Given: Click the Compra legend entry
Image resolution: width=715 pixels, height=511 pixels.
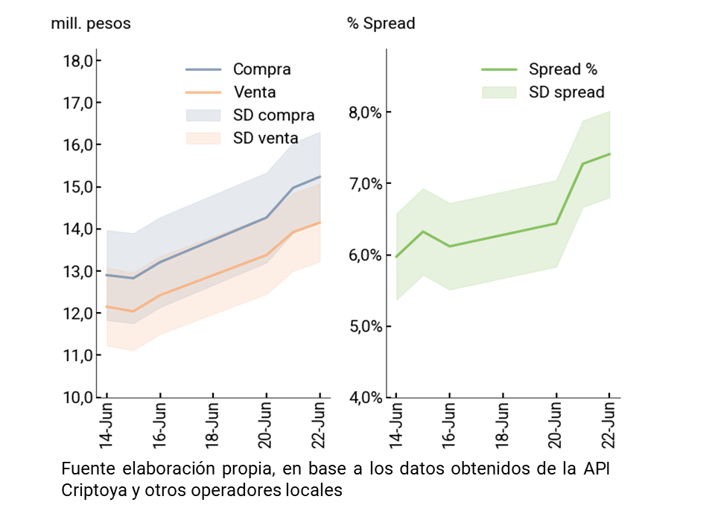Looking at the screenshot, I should (x=261, y=69).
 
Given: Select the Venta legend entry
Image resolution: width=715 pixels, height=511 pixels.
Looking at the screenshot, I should (x=254, y=92).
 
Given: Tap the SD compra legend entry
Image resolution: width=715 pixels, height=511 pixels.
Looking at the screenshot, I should (x=273, y=115).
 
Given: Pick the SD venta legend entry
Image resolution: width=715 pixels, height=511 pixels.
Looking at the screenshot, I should (x=265, y=138).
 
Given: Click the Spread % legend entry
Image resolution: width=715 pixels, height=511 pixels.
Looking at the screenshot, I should (x=562, y=69).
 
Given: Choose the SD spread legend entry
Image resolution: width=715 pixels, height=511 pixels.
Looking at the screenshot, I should (x=566, y=92).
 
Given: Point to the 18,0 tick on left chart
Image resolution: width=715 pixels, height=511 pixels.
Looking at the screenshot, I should (x=78, y=60).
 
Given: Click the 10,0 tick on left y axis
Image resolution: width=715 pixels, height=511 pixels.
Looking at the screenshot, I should (x=78, y=397).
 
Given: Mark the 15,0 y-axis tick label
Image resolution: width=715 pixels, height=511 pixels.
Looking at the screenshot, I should (x=78, y=187).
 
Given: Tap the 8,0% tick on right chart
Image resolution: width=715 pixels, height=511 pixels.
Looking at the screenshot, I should (x=364, y=112).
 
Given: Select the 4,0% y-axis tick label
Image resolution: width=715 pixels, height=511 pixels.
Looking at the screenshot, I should (x=364, y=397).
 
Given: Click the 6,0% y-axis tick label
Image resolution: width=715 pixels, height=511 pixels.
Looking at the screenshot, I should (x=364, y=255).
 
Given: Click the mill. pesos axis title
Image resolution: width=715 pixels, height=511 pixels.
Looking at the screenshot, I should (x=90, y=24).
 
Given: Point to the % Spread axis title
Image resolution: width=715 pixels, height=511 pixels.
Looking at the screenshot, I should (x=381, y=24).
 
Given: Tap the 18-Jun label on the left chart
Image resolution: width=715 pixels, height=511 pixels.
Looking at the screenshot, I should (x=213, y=426).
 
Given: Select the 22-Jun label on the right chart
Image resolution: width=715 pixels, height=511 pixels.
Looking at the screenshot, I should (x=609, y=426).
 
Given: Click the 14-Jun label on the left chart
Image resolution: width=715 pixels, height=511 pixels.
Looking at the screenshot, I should (x=107, y=426).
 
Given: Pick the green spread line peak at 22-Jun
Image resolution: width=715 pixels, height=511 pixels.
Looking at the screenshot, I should (x=609, y=153).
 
